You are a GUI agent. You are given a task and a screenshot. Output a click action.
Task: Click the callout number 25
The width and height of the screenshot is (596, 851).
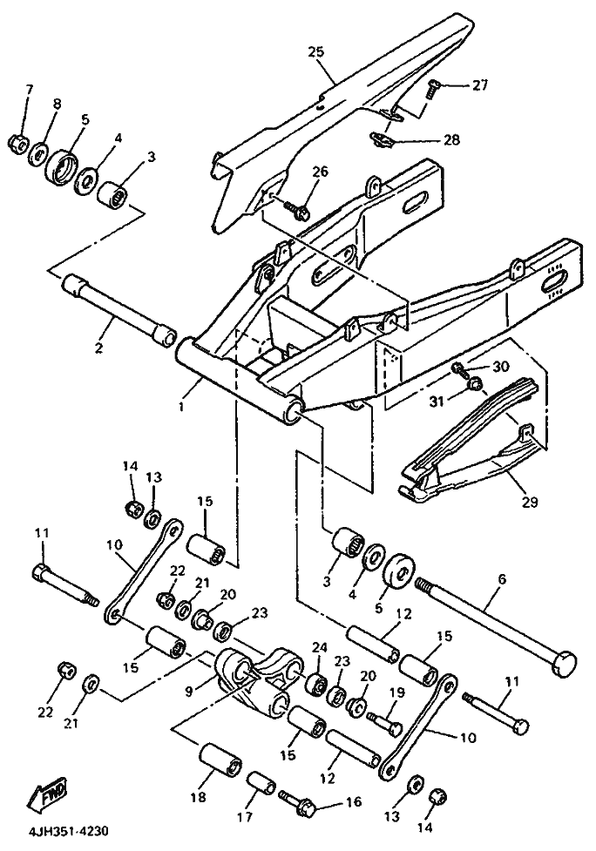click(315, 52)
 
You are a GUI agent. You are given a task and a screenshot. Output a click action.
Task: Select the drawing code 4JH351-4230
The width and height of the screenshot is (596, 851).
click(63, 832)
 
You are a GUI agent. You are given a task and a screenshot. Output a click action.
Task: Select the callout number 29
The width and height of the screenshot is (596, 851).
click(530, 503)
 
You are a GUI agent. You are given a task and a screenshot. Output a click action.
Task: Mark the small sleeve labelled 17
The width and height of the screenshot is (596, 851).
click(259, 781)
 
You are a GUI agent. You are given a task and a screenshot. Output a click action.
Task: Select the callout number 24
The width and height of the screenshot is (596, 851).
click(318, 647)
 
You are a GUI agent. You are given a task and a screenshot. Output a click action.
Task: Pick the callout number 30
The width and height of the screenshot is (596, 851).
click(499, 367)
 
